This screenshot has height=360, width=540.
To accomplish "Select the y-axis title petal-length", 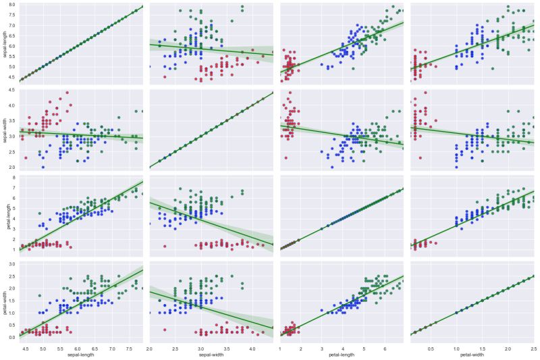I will tap(5, 215).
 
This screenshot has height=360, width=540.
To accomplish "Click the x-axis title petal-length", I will tap(342, 354).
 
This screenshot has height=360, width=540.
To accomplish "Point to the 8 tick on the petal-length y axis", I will tap(14, 178).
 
